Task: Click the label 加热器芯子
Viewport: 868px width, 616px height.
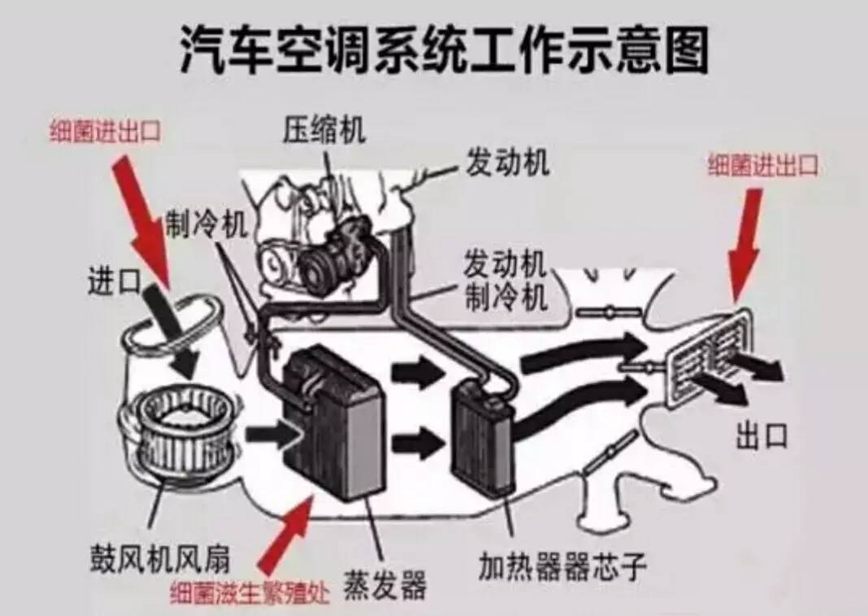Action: coord(562,566)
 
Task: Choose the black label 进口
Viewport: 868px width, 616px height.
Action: coord(114,282)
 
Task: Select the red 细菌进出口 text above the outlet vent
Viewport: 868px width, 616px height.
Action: coord(762,166)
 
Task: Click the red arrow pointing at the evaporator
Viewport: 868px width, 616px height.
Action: coord(289,532)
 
